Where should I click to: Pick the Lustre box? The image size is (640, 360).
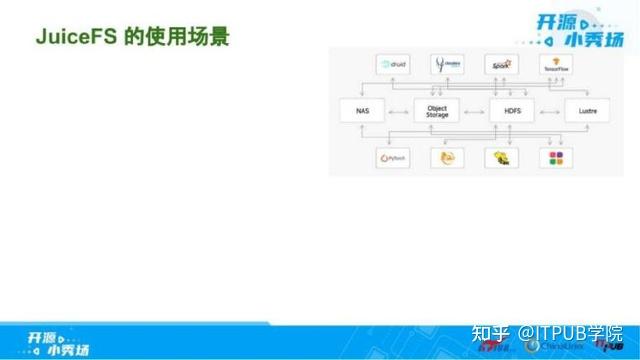[x=585, y=110]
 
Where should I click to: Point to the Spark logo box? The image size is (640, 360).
[x=500, y=65]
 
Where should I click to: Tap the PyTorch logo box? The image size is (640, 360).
[x=392, y=157]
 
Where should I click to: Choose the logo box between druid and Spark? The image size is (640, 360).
[x=446, y=65]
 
